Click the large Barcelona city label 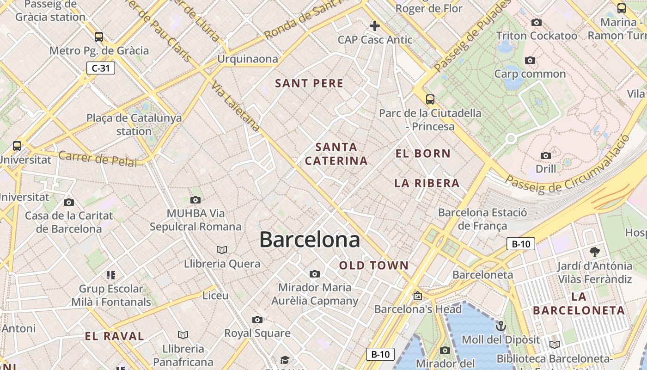pos(309,240)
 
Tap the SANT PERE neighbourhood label pos(309,84)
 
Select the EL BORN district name pos(423,154)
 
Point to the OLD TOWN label pos(374,265)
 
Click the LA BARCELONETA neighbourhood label pos(579,303)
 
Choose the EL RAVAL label pos(114,336)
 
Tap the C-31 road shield pos(100,68)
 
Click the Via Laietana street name pos(236,106)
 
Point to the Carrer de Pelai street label pos(98,159)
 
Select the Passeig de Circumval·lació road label pos(568,171)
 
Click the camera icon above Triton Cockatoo pos(537,22)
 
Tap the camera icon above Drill pos(546,155)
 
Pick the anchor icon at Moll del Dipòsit pos(501,327)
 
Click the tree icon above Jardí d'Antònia pos(594,252)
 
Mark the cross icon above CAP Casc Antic pos(374,26)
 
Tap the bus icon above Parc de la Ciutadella pos(430,99)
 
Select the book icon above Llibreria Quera pos(222,250)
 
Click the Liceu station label pos(215,296)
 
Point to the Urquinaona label pos(248,59)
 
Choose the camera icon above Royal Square pos(257,320)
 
